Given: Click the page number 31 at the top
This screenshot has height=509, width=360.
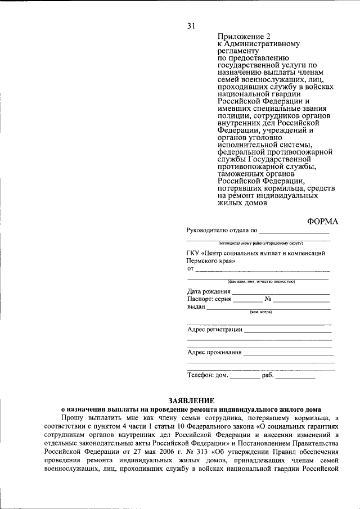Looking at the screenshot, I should [191, 25].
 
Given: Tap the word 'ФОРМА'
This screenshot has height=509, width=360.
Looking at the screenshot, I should [323, 221].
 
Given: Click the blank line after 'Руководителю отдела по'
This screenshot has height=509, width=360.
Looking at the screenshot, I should [294, 231].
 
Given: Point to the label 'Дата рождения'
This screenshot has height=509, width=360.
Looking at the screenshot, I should [209, 291].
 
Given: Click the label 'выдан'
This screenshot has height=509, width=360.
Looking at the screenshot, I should [196, 308].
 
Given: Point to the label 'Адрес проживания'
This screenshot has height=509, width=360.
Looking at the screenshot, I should [214, 353].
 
